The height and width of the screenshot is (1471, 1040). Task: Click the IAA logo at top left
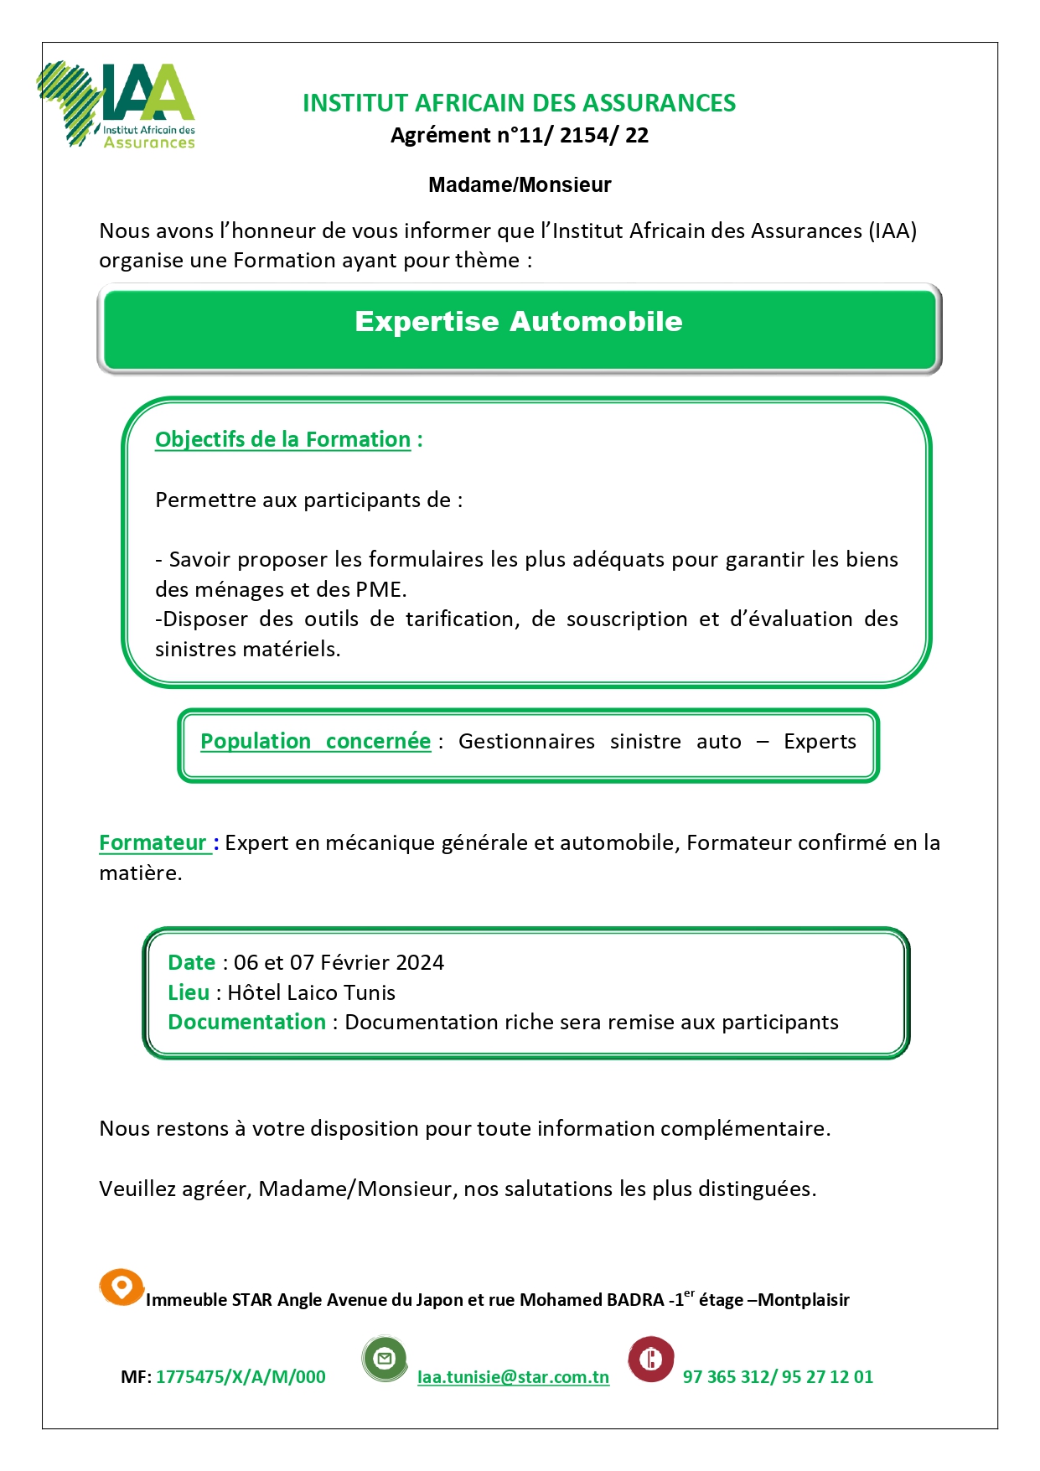[x=117, y=106]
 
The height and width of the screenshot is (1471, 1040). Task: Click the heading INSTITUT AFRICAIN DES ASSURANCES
[x=519, y=103]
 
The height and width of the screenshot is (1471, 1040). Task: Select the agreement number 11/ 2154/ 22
[x=583, y=136]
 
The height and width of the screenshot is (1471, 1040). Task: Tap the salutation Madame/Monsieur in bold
[x=520, y=184]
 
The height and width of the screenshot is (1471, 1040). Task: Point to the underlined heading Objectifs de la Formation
[x=282, y=440]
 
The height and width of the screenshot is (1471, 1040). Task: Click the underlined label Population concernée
[x=315, y=742]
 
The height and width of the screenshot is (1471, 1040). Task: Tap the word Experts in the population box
[x=820, y=742]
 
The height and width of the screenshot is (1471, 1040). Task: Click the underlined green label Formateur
[x=153, y=843]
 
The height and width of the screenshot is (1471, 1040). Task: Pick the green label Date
[x=191, y=963]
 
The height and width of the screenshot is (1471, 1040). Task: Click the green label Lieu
[x=189, y=993]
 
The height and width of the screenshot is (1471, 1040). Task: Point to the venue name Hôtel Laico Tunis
[x=311, y=993]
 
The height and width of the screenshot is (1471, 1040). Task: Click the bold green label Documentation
[x=246, y=1023]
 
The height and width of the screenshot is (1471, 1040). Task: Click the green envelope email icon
[x=385, y=1359]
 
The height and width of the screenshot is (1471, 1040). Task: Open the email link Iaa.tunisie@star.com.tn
[x=513, y=1377]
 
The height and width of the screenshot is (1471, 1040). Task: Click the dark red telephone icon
[x=651, y=1359]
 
